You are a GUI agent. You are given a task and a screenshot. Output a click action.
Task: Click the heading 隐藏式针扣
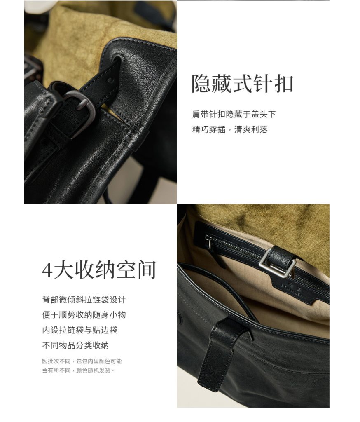tap(242, 84)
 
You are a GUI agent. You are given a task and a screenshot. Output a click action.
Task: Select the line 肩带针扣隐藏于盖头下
tap(234, 115)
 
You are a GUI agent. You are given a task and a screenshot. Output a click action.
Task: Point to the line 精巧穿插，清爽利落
tap(230, 129)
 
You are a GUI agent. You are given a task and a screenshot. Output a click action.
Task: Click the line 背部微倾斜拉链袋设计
tap(84, 300)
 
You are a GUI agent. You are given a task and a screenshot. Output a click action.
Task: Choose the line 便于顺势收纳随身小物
tap(84, 315)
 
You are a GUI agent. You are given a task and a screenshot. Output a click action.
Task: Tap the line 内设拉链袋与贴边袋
tap(79, 330)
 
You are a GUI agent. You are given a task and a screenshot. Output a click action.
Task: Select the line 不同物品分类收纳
tap(76, 345)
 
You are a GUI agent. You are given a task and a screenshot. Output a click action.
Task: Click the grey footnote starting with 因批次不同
tap(82, 361)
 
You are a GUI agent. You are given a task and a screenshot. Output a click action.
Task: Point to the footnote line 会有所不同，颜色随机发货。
tap(79, 370)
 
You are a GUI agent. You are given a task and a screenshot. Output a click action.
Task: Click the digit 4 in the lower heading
tap(47, 270)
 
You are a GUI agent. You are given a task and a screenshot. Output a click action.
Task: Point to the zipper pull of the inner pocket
tap(208, 243)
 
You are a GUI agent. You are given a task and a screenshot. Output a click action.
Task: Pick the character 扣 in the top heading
tap(283, 84)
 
